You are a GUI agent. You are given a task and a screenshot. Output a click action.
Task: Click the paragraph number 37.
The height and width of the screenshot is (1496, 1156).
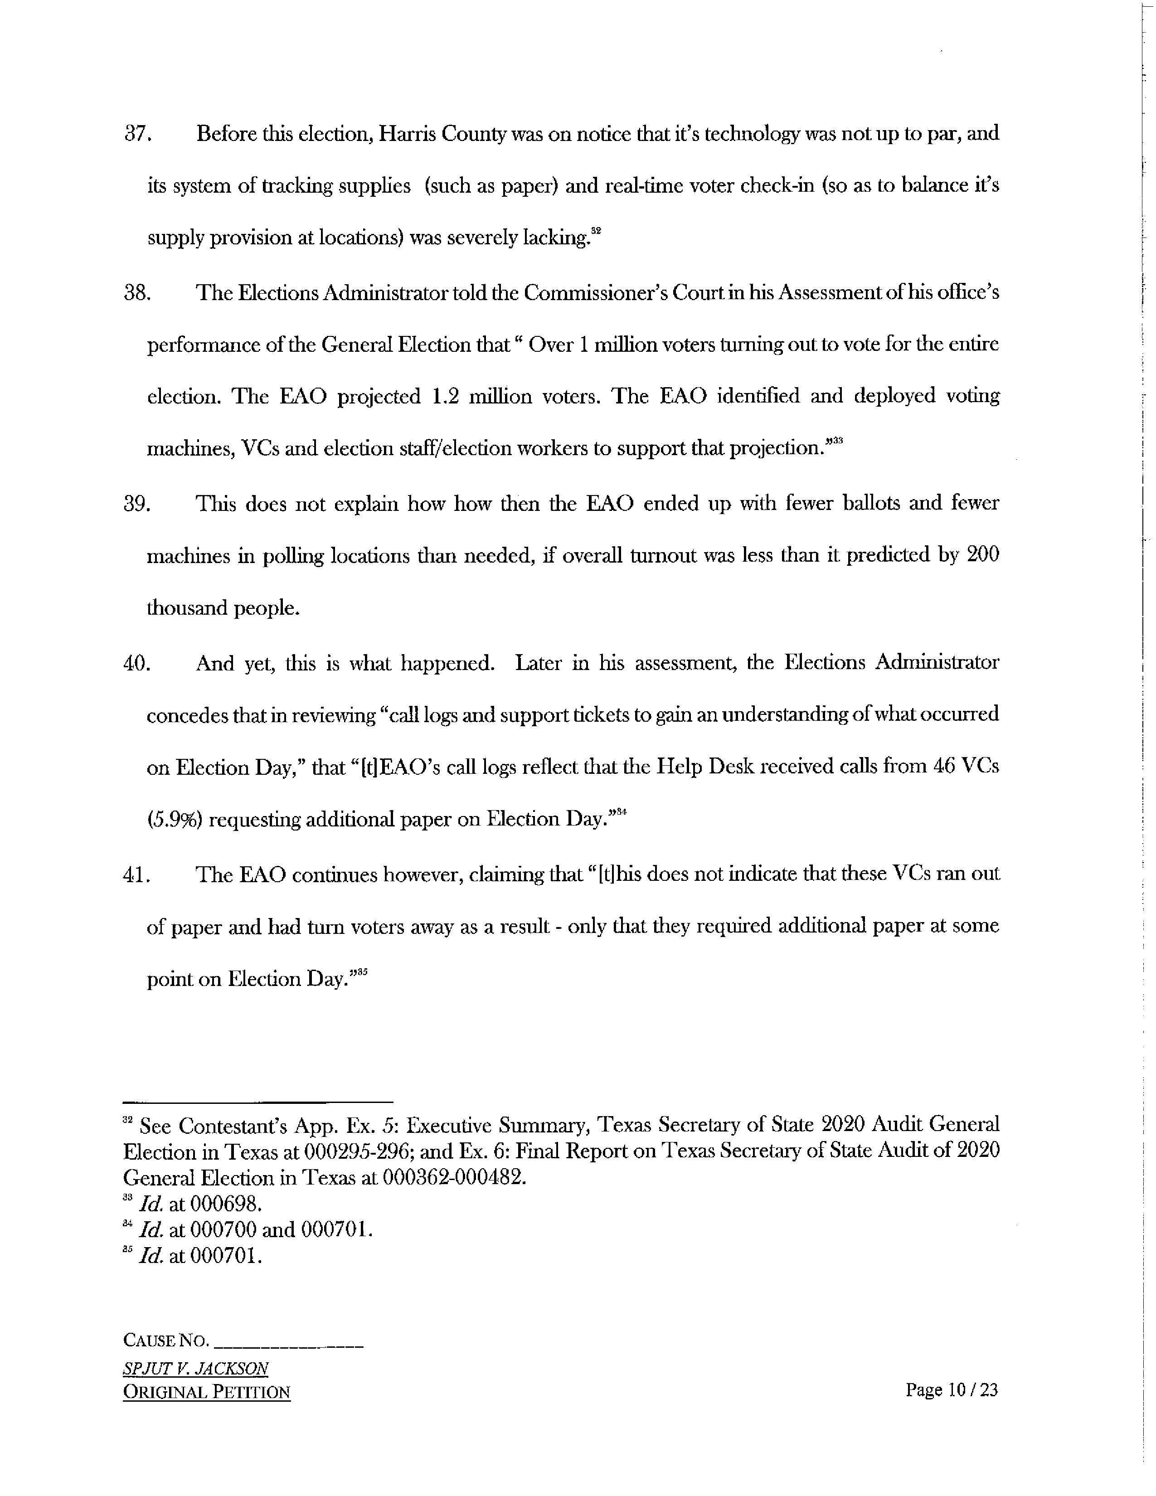pyautogui.click(x=136, y=134)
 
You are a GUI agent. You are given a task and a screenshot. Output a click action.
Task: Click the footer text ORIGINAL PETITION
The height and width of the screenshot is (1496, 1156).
pyautogui.click(x=206, y=1392)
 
